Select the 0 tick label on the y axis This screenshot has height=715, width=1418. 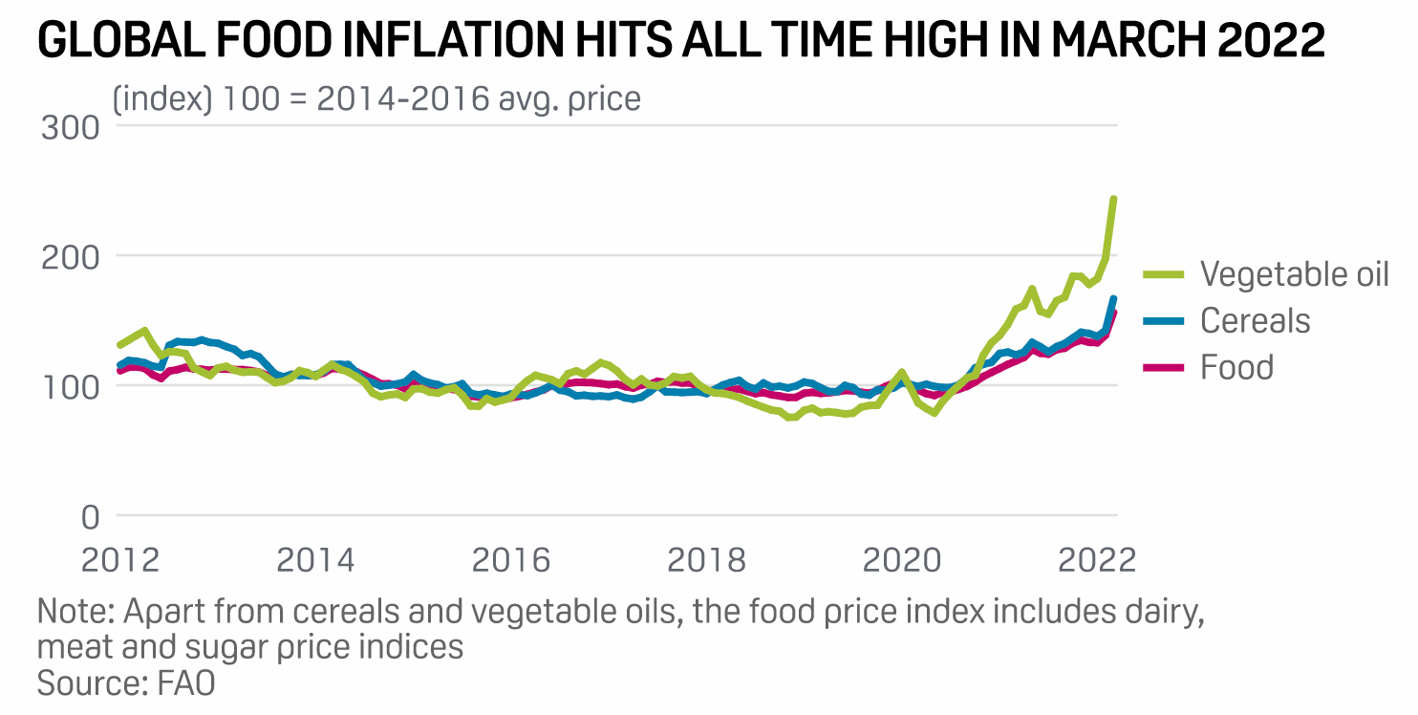pos(89,517)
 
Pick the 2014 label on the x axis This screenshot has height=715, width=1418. pos(315,557)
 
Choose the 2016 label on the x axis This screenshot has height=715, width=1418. pos(511,557)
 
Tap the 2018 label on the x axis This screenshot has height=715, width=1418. pos(707,557)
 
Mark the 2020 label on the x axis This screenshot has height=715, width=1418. pos(902,557)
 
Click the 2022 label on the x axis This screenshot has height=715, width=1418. pos(1097,557)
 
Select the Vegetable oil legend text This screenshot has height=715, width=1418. pos(1295,274)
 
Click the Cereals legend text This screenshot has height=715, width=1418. pos(1256,320)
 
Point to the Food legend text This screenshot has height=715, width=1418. pos(1236,367)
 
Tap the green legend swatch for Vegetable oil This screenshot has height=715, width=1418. pos(1165,274)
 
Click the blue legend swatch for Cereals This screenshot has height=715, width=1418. pos(1165,320)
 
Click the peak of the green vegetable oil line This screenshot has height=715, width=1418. pos(1114,199)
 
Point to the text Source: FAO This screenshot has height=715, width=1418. pos(126,683)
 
